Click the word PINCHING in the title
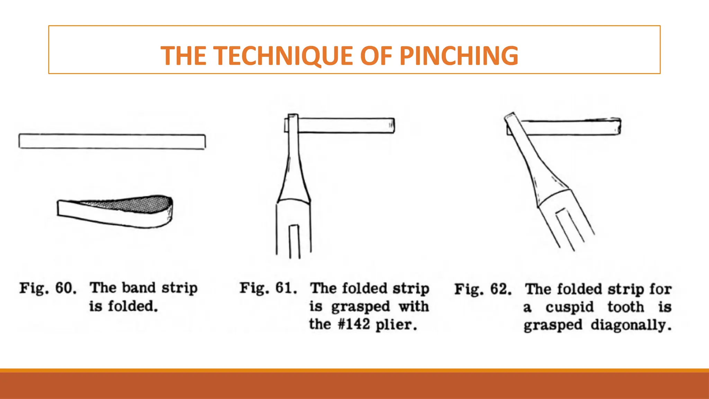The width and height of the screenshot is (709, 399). (x=459, y=55)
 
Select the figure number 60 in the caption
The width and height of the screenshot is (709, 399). (x=66, y=288)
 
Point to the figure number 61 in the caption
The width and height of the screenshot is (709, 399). (x=286, y=288)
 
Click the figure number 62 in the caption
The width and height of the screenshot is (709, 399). (x=501, y=289)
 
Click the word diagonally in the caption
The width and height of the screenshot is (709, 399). (x=631, y=326)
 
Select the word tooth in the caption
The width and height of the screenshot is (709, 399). (x=626, y=307)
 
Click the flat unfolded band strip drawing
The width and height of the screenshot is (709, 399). (x=112, y=141)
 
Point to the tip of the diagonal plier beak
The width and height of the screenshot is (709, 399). (x=509, y=115)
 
